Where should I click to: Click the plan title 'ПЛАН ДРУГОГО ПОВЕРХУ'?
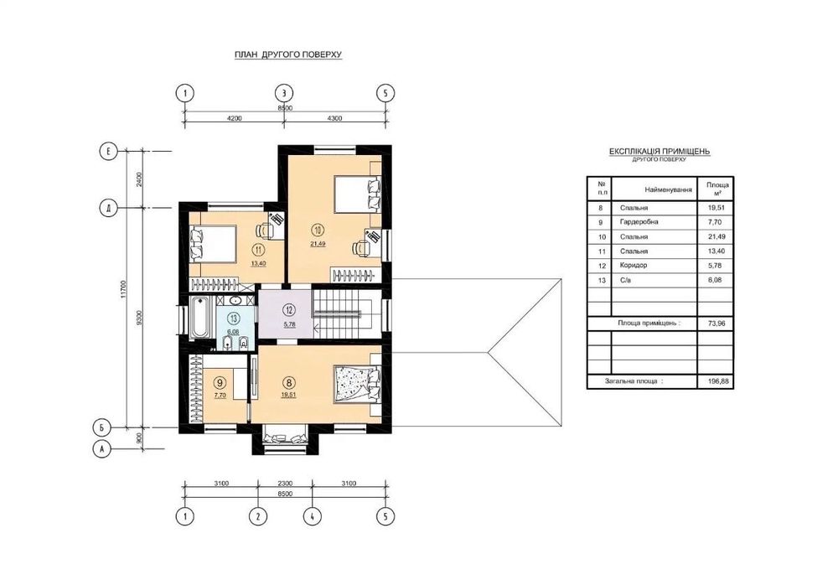(288, 54)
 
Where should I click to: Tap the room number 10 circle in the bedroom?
(318, 230)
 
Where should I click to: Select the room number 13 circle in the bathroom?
(234, 318)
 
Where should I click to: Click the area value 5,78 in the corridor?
(289, 324)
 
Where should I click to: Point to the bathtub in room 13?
(200, 317)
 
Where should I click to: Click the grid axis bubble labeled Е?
(108, 152)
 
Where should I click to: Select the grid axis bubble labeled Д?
(108, 208)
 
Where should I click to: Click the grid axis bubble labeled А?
(101, 449)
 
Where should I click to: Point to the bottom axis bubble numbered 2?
(258, 516)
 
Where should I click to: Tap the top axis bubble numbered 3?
(284, 93)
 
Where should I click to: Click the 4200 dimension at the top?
(234, 118)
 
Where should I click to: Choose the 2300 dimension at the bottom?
(285, 484)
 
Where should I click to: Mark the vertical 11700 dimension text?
(123, 289)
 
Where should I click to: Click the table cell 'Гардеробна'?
(639, 222)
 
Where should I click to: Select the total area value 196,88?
(716, 382)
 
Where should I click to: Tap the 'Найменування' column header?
(668, 189)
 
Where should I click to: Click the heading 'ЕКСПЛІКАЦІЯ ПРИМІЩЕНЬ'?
(660, 152)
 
